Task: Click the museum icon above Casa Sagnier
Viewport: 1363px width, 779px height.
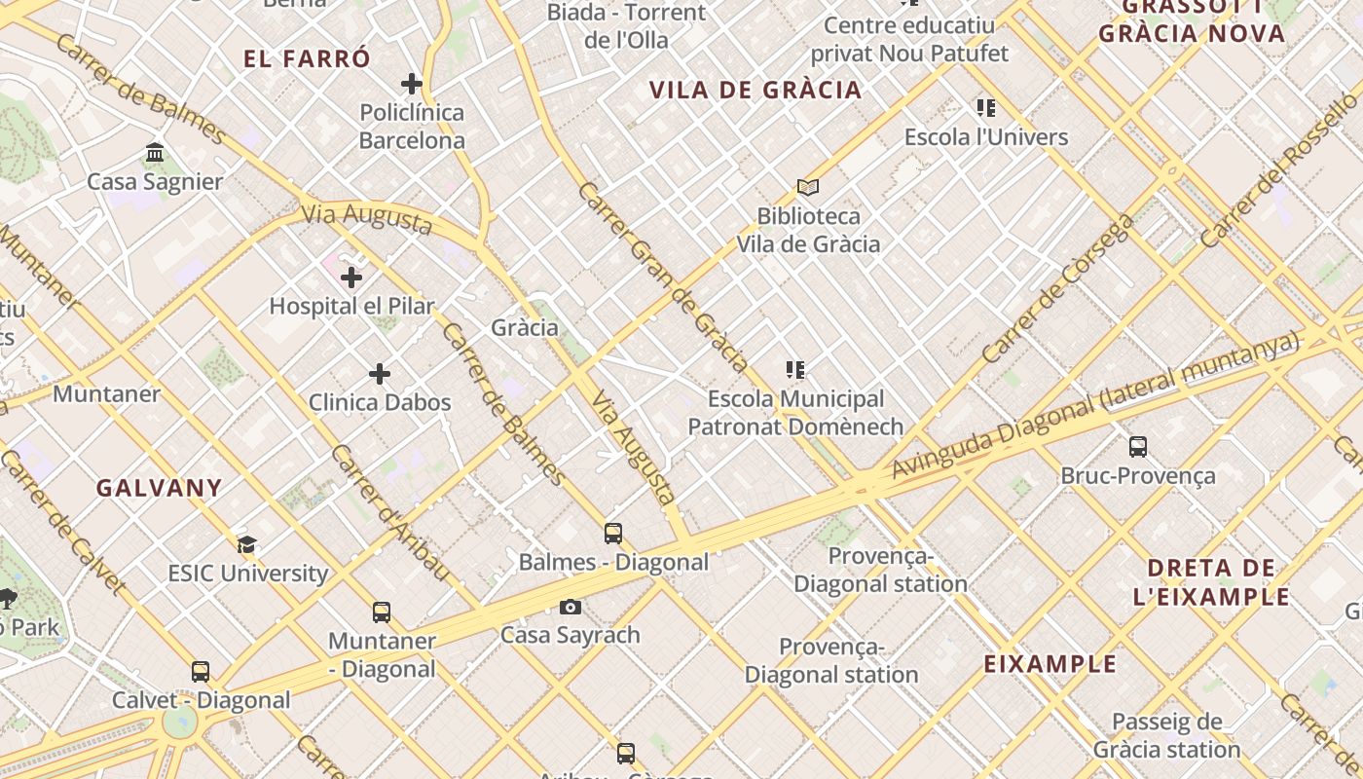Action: (x=155, y=153)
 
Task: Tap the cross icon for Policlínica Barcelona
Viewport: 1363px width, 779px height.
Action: (x=412, y=84)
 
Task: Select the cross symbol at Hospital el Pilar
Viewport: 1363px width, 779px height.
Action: (x=351, y=278)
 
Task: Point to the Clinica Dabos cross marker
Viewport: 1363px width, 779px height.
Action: (x=380, y=374)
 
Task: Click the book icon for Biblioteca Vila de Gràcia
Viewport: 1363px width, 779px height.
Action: (x=807, y=187)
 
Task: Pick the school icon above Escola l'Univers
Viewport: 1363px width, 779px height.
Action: (x=986, y=108)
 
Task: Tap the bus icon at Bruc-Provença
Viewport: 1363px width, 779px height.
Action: (x=1137, y=447)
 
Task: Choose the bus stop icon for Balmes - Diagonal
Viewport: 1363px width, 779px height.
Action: (x=612, y=534)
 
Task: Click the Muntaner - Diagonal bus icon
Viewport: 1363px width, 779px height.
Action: (x=382, y=612)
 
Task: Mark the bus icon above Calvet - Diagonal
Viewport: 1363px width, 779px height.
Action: (x=201, y=672)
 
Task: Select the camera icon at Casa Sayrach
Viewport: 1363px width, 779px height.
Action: (x=571, y=607)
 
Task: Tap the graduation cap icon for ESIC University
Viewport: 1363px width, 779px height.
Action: (x=247, y=544)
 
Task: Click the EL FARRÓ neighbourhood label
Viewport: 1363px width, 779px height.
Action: (x=307, y=58)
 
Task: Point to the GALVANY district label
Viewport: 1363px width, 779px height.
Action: (x=159, y=488)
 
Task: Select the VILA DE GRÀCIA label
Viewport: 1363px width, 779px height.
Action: (x=755, y=91)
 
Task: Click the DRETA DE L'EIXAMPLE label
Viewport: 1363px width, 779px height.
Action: (x=1212, y=582)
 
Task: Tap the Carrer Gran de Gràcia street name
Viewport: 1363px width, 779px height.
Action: (x=663, y=278)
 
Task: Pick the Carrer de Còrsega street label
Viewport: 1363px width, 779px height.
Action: (x=1058, y=289)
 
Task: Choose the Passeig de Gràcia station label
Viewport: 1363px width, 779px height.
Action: (x=1166, y=736)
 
